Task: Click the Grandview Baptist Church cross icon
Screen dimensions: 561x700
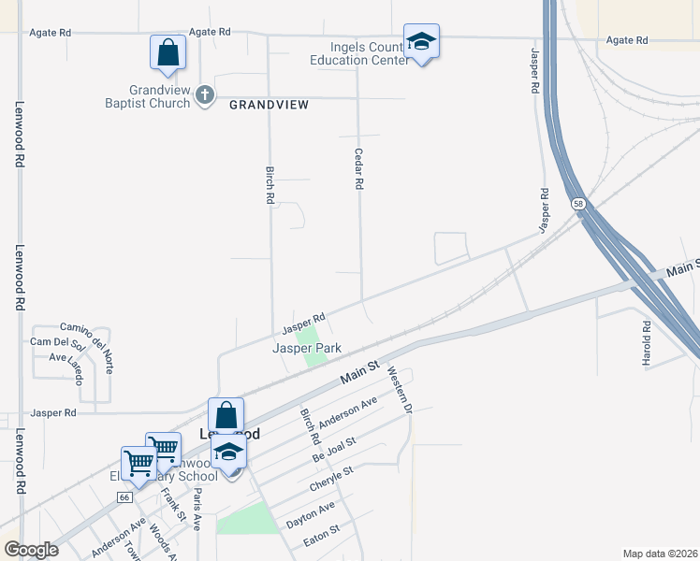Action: tap(205, 94)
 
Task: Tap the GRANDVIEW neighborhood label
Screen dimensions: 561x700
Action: tap(269, 105)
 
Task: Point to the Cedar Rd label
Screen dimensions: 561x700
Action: tap(357, 169)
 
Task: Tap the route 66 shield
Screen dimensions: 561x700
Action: tap(125, 497)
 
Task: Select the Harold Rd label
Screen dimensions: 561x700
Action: tap(647, 343)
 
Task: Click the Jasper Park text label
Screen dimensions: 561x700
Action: tap(307, 348)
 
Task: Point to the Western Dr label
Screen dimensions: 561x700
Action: tap(400, 390)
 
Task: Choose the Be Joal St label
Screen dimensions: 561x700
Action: tap(335, 449)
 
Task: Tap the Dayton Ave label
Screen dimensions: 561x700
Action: tap(310, 515)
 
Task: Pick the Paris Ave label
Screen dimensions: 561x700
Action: tap(197, 510)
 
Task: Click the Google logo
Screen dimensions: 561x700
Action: tap(31, 549)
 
